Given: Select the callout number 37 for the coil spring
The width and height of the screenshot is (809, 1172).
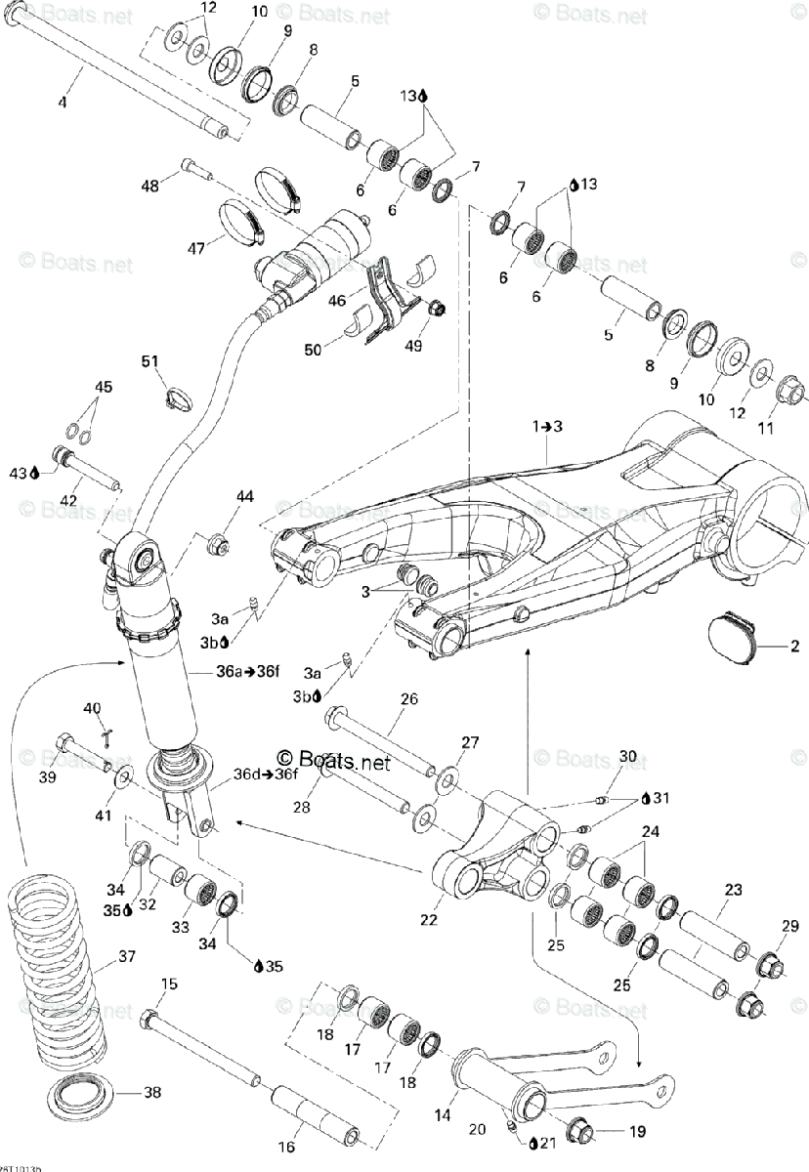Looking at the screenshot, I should pos(128,956).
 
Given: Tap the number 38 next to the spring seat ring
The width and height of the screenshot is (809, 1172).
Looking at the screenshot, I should pos(152,1093).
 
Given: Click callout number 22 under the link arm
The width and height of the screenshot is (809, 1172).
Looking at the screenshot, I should pos(427,919).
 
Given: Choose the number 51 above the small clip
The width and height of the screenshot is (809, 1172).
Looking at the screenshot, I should pos(149,363).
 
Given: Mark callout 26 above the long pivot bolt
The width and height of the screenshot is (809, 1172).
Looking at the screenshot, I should pos(408,698).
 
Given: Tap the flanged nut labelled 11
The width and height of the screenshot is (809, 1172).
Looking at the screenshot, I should pos(792,395).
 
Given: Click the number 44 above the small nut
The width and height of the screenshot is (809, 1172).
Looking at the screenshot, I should pos(243,497).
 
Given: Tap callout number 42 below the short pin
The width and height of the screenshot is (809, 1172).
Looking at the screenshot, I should pos(68,501).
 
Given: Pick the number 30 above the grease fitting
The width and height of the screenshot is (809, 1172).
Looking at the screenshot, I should pos(627,757).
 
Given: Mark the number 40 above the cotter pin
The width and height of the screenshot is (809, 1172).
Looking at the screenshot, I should pos(92,708).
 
